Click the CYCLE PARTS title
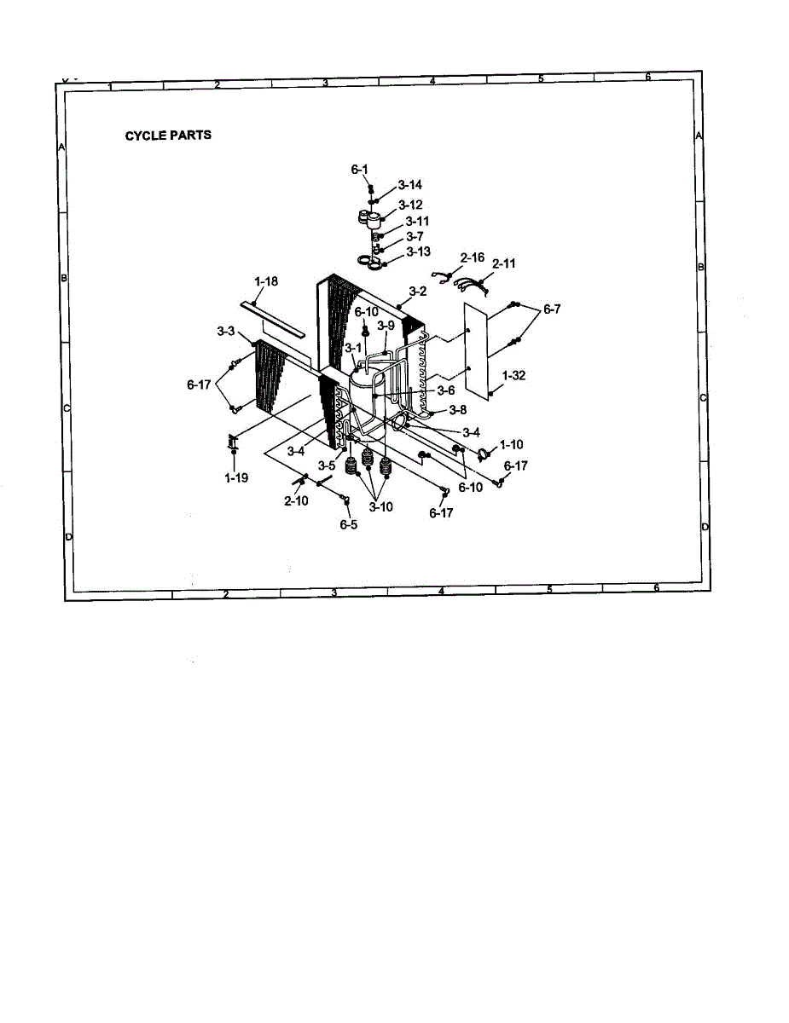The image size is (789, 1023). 168,136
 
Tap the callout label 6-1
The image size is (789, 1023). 359,170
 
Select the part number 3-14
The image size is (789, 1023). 409,185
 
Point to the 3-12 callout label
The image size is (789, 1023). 410,205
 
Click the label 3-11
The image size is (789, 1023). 417,222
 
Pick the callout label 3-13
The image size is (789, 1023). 418,251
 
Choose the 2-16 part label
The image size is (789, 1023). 472,257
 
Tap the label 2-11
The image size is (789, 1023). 503,264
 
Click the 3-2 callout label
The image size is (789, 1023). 417,292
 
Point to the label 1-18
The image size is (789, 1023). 265,280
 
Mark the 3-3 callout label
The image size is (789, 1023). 227,329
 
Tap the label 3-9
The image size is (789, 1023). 386,326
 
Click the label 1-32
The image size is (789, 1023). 514,375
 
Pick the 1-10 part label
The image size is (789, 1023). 512,444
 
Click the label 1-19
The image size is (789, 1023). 236,478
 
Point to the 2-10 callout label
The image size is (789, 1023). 296,501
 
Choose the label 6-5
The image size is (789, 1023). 348,525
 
